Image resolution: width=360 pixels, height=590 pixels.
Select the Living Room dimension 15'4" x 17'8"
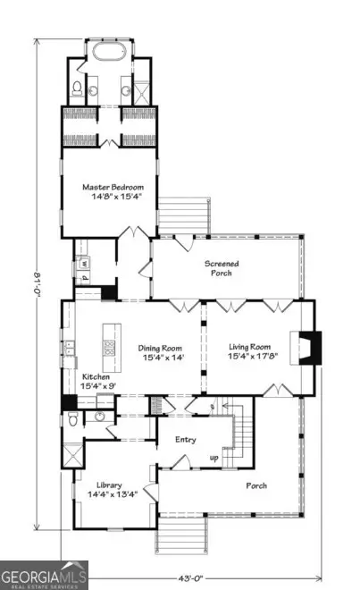coord(249,359)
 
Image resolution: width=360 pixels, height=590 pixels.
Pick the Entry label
coord(186,439)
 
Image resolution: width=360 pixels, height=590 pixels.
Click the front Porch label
coord(255,485)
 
